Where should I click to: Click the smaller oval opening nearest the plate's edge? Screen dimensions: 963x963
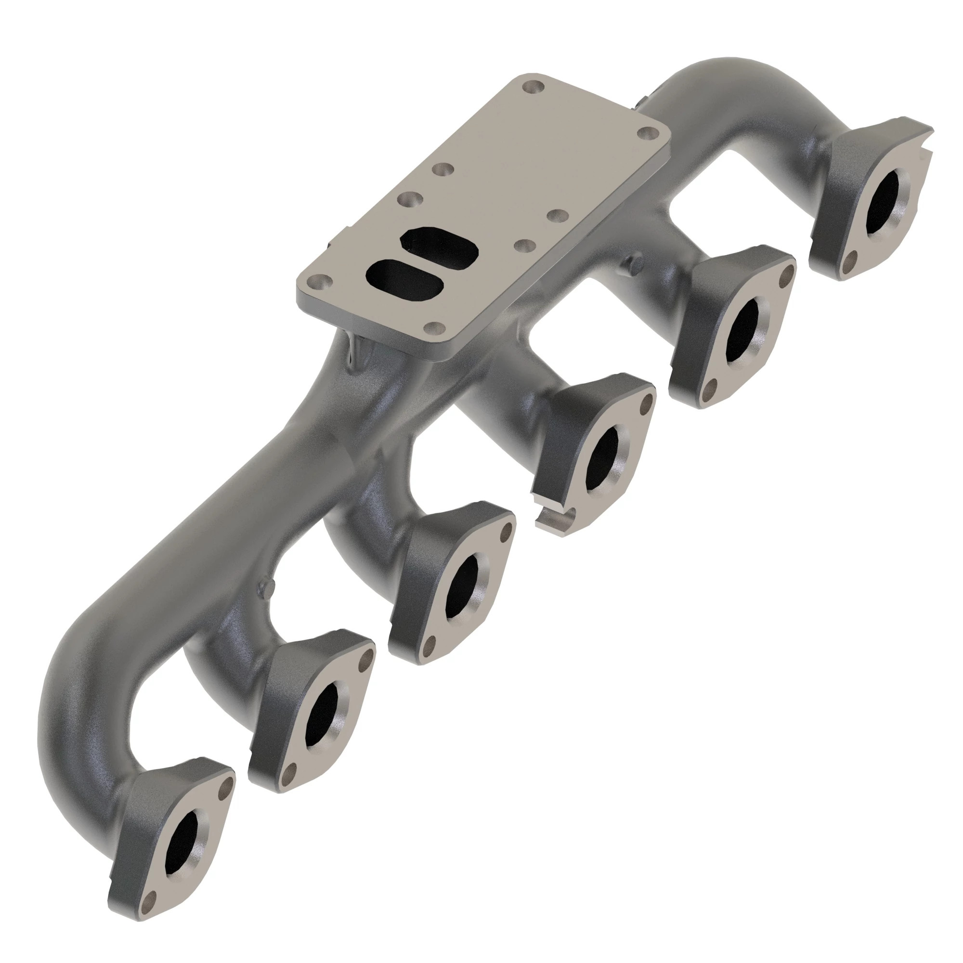pos(404,277)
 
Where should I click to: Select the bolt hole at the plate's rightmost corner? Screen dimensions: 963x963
pos(648,133)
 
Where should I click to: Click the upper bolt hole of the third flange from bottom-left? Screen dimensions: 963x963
pos(507,532)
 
